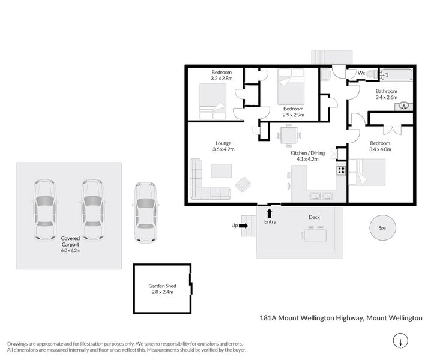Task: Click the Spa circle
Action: (x=382, y=229)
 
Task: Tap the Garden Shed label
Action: (x=161, y=289)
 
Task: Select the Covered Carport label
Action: (x=70, y=242)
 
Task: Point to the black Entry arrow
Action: (x=269, y=212)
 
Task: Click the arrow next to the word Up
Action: (x=243, y=226)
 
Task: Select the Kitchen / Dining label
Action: (x=307, y=156)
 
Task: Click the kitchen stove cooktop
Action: (x=341, y=170)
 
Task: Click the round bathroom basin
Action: (x=404, y=106)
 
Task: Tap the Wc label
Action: (x=361, y=74)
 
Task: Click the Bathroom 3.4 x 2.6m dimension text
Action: (x=387, y=97)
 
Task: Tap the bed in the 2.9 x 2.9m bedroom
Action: (x=292, y=90)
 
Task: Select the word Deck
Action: (x=314, y=217)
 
